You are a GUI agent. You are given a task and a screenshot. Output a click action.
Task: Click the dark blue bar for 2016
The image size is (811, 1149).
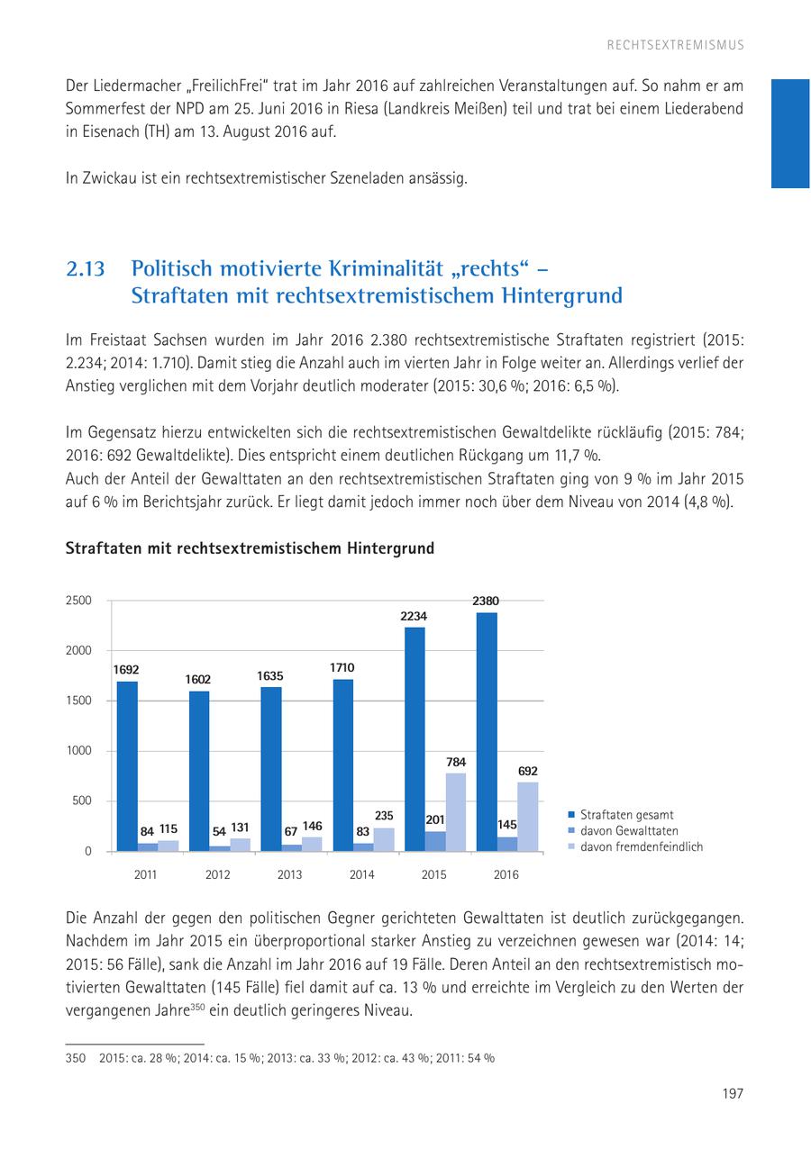click(x=487, y=731)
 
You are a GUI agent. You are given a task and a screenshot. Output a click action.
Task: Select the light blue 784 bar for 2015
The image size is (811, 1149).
click(x=456, y=811)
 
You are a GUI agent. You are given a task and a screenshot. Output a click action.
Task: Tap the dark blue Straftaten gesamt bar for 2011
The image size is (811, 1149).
click(x=127, y=765)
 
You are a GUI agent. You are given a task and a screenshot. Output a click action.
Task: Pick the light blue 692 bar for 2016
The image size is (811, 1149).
click(x=528, y=816)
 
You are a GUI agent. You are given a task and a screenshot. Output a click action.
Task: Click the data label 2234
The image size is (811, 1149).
click(x=415, y=617)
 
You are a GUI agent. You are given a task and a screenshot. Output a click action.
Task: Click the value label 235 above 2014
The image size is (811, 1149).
click(x=384, y=816)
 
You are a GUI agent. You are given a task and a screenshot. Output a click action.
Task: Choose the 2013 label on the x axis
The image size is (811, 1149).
click(x=290, y=874)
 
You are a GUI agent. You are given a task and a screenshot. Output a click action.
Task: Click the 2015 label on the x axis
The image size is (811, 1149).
click(x=434, y=874)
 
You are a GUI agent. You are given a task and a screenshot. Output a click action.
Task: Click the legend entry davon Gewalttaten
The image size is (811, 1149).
click(x=629, y=831)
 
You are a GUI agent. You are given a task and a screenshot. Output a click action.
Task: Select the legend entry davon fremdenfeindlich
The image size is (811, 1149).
click(x=641, y=846)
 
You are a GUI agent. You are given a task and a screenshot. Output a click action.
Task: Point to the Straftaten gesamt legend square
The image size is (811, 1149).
click(x=571, y=815)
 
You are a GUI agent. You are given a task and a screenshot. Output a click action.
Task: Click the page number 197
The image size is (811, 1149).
click(x=733, y=1093)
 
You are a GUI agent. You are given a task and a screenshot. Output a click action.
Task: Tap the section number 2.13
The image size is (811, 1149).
click(x=86, y=269)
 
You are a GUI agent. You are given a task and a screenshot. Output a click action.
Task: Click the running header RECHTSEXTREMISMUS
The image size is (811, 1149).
click(x=676, y=44)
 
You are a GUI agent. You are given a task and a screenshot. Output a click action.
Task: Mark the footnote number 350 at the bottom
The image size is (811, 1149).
click(x=75, y=1058)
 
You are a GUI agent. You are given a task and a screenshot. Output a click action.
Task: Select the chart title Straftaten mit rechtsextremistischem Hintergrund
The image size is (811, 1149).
click(x=250, y=547)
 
